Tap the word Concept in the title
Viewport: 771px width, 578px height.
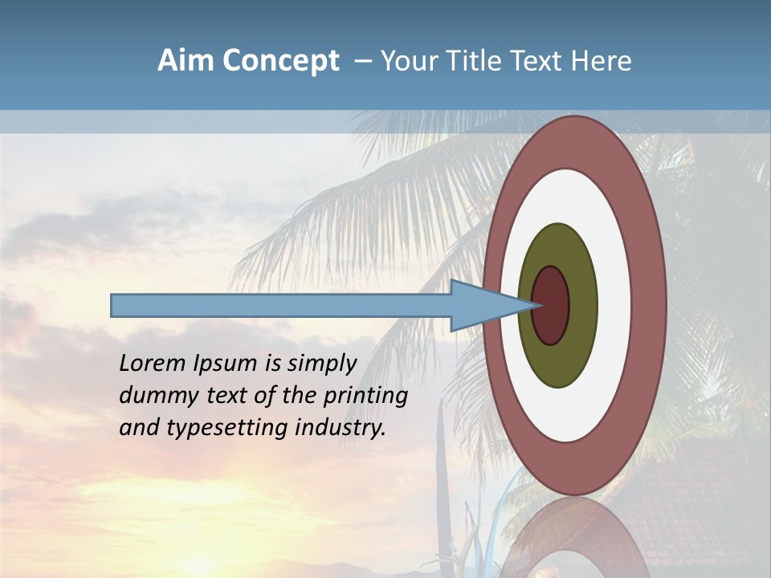coord(281,61)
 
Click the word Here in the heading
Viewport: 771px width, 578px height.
coord(602,61)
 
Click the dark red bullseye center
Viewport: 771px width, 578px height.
coord(551,306)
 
